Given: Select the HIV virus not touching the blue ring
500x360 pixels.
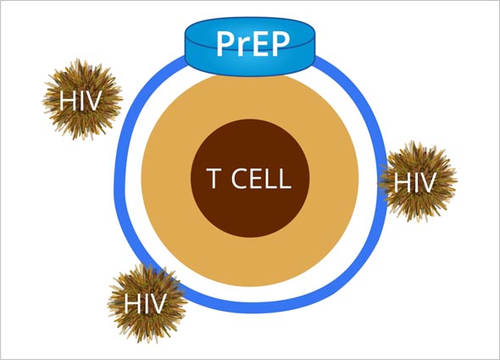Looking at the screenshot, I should pos(81,101).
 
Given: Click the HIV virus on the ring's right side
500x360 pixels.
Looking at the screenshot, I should pos(415,182).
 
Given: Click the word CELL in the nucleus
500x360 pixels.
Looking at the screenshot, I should pos(262,179).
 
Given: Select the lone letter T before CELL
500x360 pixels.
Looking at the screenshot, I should pos(214,179).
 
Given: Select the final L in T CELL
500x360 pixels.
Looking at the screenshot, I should pos(285,179).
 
